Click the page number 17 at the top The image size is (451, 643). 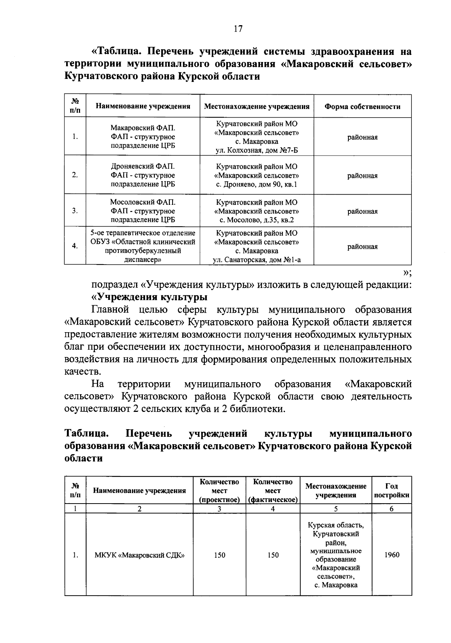(238, 29)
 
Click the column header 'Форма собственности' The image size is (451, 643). (362, 107)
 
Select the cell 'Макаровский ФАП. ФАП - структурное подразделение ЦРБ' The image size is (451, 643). (143, 137)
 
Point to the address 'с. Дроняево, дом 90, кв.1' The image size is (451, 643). (257, 185)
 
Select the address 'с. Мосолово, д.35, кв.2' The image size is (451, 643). (257, 220)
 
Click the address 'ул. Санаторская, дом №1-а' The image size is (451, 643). (257, 260)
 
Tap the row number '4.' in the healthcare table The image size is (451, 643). (75, 246)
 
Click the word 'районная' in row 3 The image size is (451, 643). (362, 212)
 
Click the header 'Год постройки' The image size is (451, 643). (392, 491)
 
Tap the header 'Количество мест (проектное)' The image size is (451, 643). (219, 491)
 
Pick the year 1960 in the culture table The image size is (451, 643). (392, 555)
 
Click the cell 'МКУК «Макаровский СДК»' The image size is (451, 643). (139, 555)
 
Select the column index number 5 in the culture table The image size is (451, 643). (336, 509)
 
